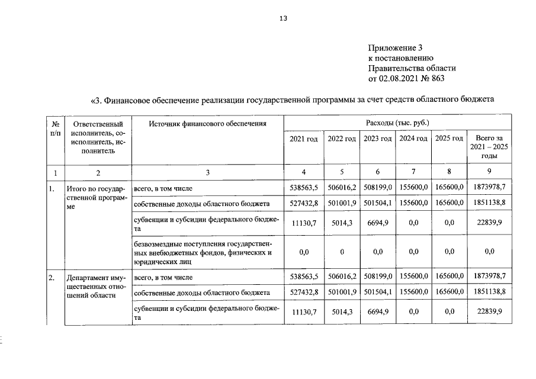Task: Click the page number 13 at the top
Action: [283, 18]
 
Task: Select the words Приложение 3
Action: [396, 48]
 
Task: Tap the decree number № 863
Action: [432, 78]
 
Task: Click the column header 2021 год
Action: [304, 139]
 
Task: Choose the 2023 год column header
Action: [377, 139]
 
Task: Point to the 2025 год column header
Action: [449, 139]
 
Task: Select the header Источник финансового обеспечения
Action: [207, 124]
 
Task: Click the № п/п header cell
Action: [55, 128]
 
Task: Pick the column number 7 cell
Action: [413, 173]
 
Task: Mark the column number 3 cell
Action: [207, 173]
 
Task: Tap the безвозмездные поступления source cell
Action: [204, 252]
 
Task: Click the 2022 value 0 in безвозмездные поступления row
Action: [341, 252]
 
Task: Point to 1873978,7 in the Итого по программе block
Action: [489, 188]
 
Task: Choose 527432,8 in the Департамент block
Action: [304, 293]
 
